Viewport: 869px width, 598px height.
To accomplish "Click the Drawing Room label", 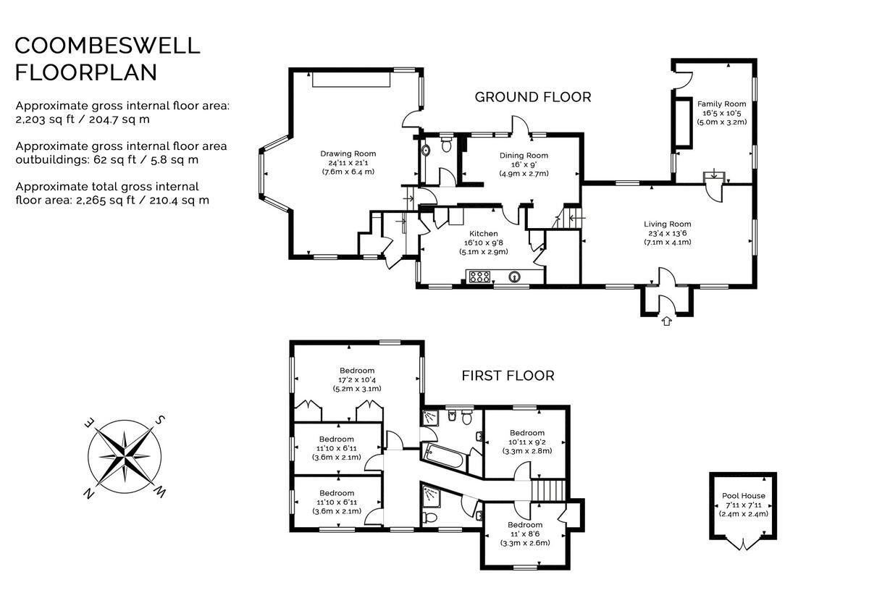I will [348, 153].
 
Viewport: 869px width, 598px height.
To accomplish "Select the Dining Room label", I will [524, 156].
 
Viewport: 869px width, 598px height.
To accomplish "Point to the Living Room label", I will [667, 224].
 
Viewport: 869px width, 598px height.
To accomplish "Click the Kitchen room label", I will [483, 234].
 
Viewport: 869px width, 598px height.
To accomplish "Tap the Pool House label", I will [743, 496].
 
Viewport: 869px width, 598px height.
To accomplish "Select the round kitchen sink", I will [515, 276].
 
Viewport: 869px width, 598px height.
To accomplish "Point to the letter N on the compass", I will [88, 494].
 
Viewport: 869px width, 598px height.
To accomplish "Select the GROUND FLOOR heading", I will [532, 97].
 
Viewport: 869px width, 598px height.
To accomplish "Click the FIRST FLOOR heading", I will [508, 376].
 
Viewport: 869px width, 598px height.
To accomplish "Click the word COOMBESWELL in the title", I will [107, 46].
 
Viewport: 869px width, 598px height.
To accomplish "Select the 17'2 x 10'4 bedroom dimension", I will [356, 380].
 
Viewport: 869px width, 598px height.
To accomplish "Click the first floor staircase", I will [547, 490].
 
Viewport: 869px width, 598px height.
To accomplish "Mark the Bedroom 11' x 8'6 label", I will [524, 525].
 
